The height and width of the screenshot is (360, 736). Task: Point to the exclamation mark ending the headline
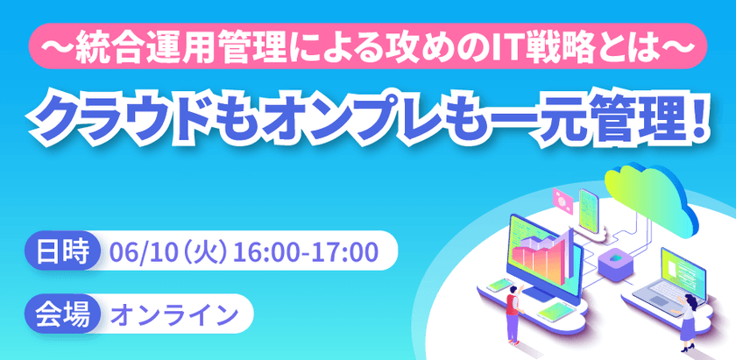click(700, 115)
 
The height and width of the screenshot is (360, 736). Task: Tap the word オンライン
click(175, 314)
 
